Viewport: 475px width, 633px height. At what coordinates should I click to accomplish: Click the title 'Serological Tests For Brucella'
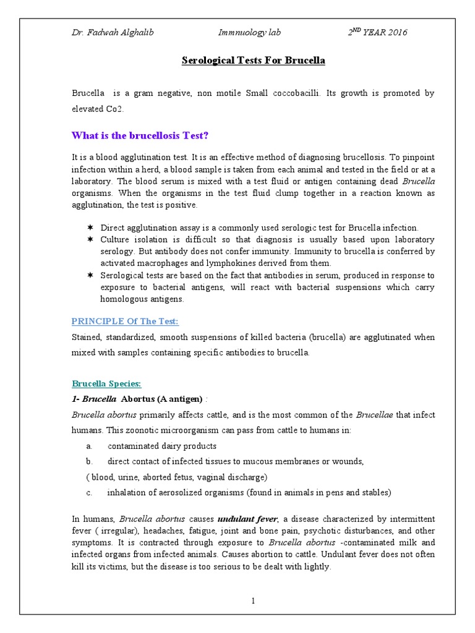point(253,61)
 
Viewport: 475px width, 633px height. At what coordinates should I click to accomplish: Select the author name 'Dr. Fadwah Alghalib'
point(113,33)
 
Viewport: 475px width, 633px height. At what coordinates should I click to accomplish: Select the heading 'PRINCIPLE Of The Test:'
point(125,321)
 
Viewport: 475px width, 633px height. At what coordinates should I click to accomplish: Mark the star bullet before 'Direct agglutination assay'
point(90,227)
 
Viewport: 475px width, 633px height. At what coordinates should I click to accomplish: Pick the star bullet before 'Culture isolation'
point(90,239)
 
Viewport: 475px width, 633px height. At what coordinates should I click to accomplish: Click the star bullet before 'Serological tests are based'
point(90,275)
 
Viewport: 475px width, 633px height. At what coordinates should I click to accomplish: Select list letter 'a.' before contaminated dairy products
point(90,446)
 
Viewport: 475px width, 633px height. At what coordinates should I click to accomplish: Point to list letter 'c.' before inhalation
point(90,493)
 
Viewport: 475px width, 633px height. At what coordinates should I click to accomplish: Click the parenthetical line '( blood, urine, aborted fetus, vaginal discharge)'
point(176,477)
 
